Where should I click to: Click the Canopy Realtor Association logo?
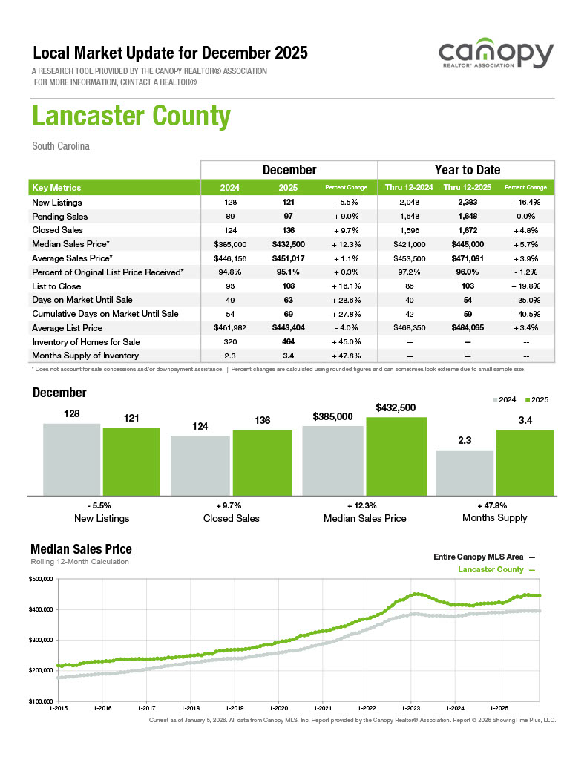coord(496,56)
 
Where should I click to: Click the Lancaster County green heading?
coord(131,117)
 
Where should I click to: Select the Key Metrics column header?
coord(56,188)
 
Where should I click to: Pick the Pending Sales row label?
coord(59,217)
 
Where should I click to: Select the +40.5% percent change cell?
coord(525,314)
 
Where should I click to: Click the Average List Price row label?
coord(68,328)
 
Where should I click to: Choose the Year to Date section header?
coord(467,170)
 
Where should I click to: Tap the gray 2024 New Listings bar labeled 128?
coord(71,459)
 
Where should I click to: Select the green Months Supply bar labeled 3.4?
coord(525,462)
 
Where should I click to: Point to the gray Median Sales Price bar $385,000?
coord(332,460)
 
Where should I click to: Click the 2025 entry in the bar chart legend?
coord(538,400)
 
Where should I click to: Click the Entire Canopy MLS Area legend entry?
coord(483,556)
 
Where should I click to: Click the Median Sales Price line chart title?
coord(81,549)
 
